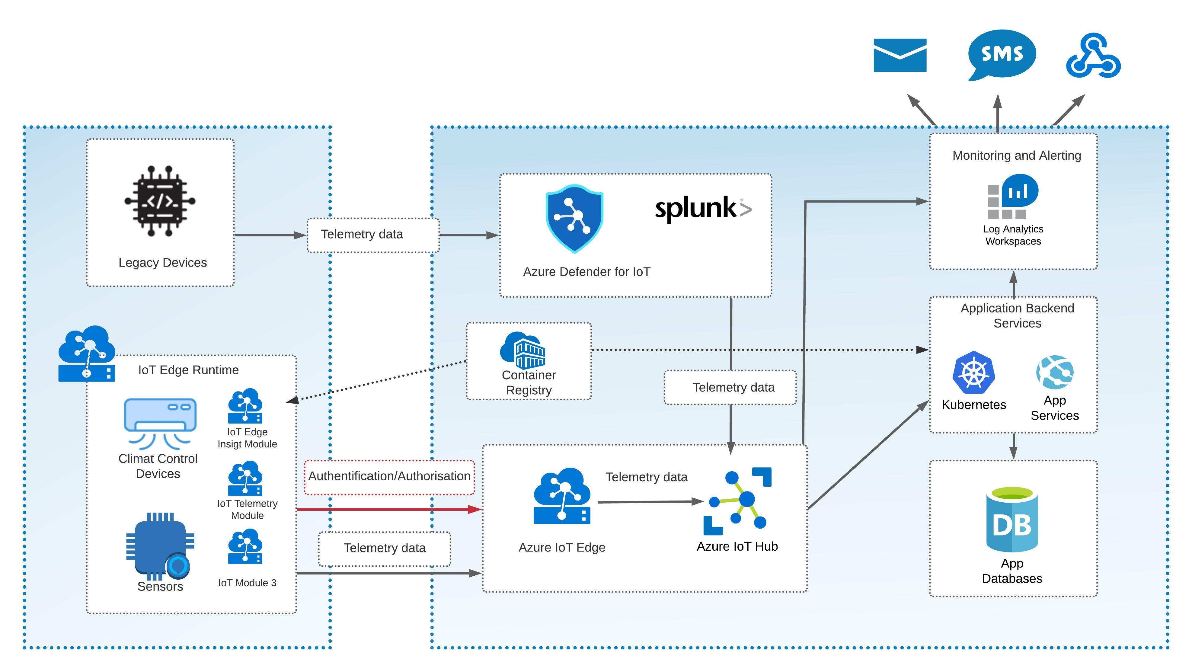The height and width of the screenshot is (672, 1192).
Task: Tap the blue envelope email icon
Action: point(900,55)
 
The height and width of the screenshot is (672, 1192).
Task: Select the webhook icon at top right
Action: point(1093,56)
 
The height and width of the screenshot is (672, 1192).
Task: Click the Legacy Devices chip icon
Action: point(160,201)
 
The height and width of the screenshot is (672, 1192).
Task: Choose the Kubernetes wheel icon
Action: point(973,373)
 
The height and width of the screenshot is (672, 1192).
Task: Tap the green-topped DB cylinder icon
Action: point(1012,519)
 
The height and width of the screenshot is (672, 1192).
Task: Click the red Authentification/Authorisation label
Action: point(389,476)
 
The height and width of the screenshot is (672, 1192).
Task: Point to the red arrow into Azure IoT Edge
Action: point(389,509)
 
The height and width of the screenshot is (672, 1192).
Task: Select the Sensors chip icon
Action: point(160,546)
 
